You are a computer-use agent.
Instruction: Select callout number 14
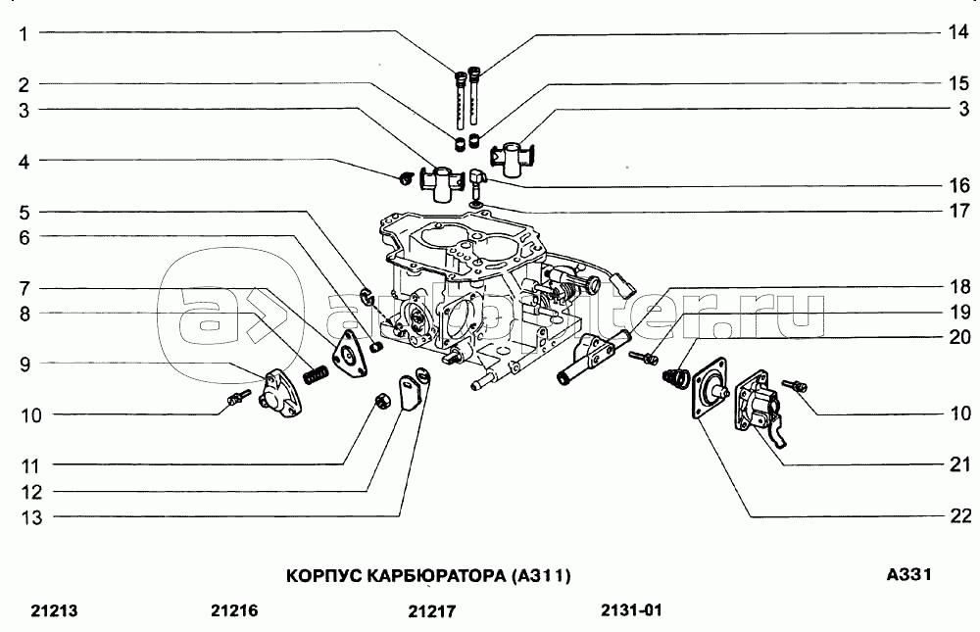pos(958,33)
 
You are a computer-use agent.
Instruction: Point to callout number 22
pos(958,515)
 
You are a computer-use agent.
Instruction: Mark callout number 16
pos(958,184)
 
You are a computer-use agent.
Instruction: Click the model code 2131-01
pos(632,611)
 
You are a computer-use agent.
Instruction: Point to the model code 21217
pos(432,612)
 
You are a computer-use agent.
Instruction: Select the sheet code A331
pos(907,574)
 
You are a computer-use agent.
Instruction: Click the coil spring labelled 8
pos(315,373)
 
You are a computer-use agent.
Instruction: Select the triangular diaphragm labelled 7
pos(346,352)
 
